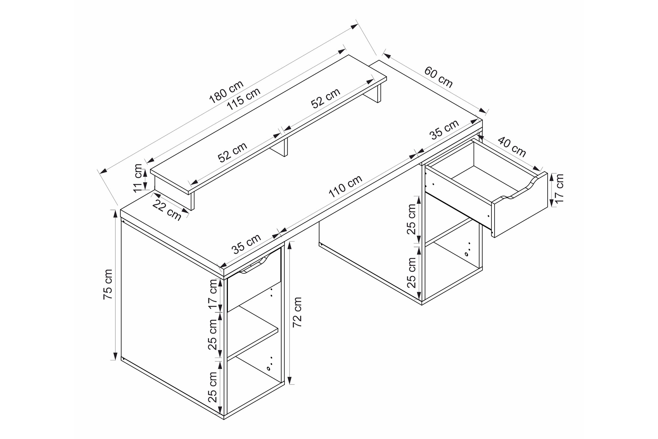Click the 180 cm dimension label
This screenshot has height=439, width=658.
pos(226,92)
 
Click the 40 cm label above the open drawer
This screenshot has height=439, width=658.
pos(511,147)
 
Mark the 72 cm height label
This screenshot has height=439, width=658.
pos(297,312)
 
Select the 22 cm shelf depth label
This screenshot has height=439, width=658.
pos(167,210)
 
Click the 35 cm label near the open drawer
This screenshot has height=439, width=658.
pos(444,130)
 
